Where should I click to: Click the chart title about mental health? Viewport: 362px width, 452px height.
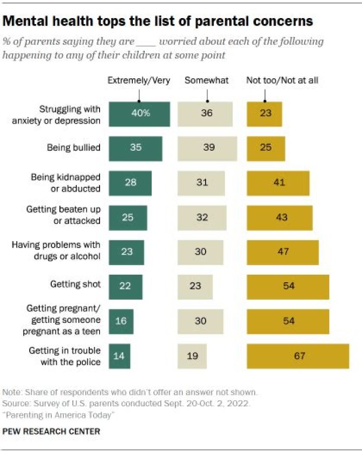tap(158, 21)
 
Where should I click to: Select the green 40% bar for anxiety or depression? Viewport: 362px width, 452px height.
tap(139, 114)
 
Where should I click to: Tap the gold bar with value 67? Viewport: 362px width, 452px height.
tap(298, 356)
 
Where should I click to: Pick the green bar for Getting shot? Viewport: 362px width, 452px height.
tap(126, 286)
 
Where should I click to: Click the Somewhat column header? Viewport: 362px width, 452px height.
tap(207, 80)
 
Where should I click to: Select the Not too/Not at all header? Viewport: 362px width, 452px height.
tap(282, 80)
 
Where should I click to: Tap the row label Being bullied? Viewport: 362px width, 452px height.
tap(73, 148)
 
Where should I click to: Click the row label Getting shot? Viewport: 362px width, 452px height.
tap(75, 284)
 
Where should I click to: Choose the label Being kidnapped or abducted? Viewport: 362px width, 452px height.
tap(65, 183)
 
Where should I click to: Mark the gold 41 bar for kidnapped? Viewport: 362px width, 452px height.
tap(278, 183)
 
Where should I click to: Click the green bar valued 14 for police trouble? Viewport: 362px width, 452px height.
tap(120, 356)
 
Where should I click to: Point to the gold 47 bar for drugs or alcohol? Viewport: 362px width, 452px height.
tap(283, 252)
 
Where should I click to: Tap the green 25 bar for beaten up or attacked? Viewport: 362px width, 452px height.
tap(128, 217)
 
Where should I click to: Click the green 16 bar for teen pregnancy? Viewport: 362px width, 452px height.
tap(121, 321)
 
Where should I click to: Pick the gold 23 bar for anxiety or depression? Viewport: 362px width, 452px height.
tap(264, 114)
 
